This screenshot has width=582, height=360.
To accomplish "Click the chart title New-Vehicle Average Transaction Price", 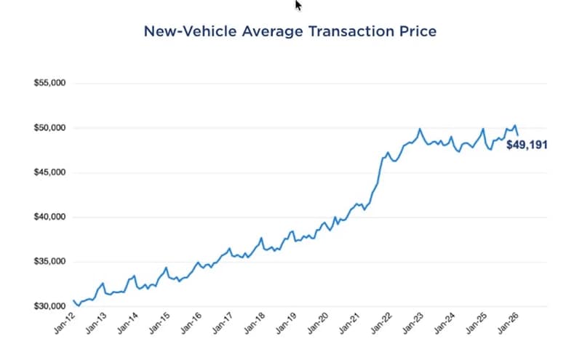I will tap(290, 32).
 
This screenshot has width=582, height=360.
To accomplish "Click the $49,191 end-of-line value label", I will tap(527, 145).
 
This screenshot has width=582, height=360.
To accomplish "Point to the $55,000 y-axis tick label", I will tap(50, 84).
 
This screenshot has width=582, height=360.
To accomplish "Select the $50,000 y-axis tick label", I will tap(50, 128).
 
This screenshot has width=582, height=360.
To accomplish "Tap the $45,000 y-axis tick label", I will tap(50, 172).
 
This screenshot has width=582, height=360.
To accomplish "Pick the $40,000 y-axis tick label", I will tap(50, 217).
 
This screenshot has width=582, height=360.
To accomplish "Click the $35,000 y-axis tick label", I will tap(50, 262).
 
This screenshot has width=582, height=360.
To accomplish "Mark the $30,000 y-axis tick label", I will tap(50, 306).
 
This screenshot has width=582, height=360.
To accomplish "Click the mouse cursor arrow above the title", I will tap(298, 5).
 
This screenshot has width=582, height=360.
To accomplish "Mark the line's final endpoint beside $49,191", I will tap(518, 135).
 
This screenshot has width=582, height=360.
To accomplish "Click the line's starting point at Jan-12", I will tap(73, 300).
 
